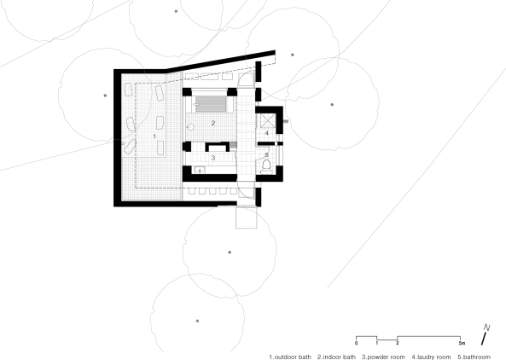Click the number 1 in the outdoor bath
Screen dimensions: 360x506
point(154,136)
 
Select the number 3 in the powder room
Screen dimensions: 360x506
point(212,158)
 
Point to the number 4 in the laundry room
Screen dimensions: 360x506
point(266,134)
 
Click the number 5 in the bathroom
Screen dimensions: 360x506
point(266,154)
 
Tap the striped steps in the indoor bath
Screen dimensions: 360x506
point(212,103)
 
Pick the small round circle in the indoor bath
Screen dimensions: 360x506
point(191,126)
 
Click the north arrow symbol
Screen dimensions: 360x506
point(485,333)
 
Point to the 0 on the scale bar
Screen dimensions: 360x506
point(357,341)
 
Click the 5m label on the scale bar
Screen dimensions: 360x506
point(462,341)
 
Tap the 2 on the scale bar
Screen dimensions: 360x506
point(398,341)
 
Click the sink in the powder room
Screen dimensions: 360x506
point(199,171)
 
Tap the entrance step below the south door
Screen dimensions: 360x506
point(246,218)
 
